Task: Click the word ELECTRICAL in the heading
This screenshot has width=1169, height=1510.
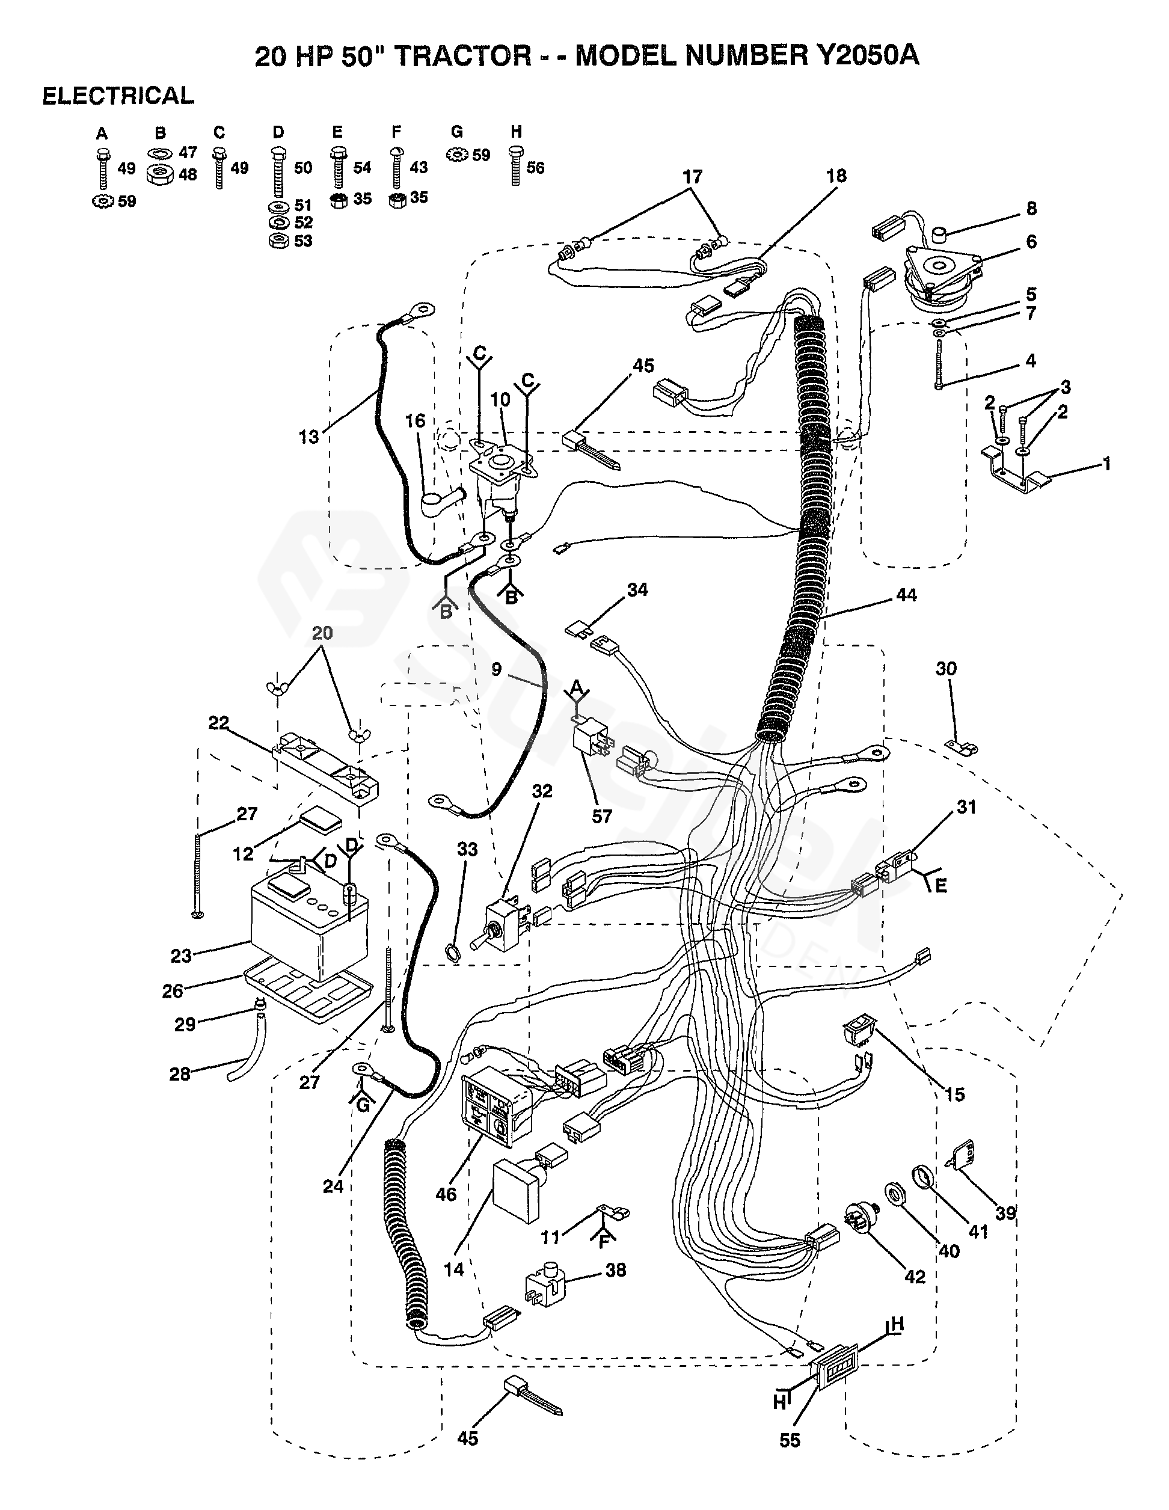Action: point(118,96)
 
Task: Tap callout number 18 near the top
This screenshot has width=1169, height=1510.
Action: point(836,176)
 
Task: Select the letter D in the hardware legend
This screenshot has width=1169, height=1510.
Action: point(278,132)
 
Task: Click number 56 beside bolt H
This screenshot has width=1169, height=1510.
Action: point(535,167)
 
